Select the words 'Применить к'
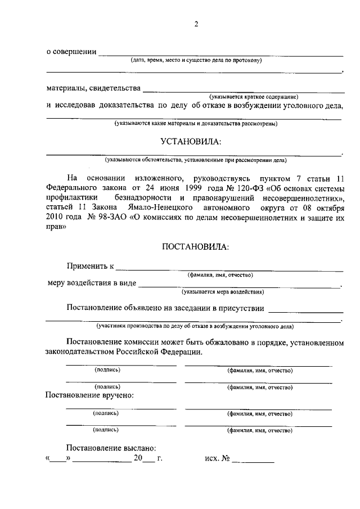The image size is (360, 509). point(90,265)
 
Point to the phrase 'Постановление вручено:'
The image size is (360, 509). point(89,395)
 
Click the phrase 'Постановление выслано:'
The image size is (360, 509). point(111,448)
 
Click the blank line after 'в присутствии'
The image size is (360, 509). point(306,311)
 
